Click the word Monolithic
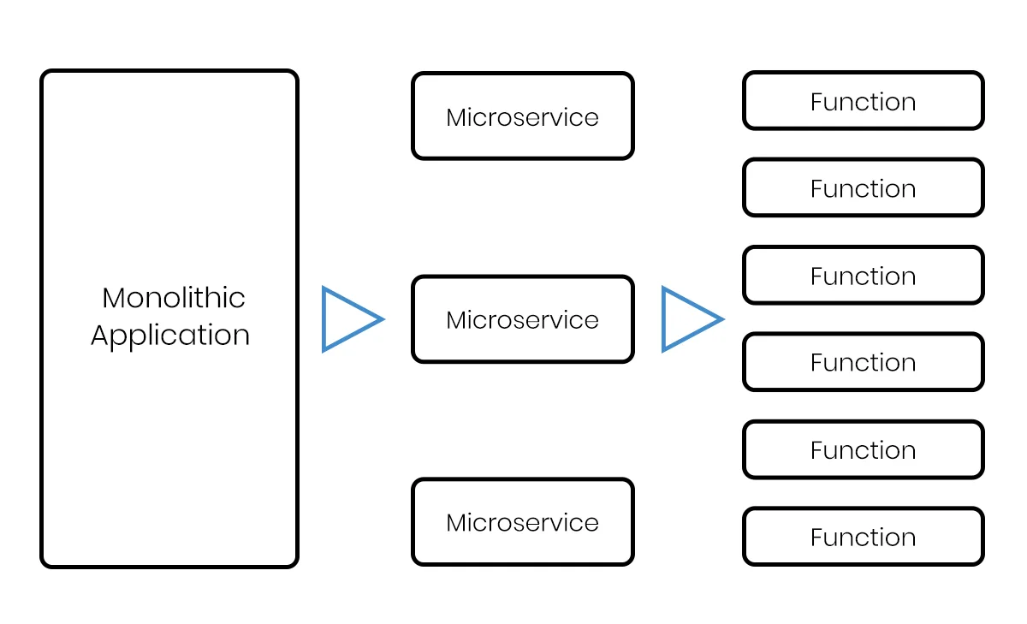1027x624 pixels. [173, 298]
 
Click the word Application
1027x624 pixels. [170, 336]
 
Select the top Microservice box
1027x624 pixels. [522, 116]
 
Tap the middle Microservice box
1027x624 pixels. [522, 319]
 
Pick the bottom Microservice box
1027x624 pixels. [522, 522]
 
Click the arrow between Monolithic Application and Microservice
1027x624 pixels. [350, 319]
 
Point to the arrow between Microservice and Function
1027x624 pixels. [690, 319]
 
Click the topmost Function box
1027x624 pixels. [863, 101]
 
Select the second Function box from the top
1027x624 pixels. [863, 187]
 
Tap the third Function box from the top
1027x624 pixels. [863, 276]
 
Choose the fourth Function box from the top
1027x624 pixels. [863, 362]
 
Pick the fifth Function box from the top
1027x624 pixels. [863, 449]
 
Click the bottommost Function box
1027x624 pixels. [863, 537]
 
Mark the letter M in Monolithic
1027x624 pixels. [114, 298]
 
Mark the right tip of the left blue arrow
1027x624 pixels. [382, 319]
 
